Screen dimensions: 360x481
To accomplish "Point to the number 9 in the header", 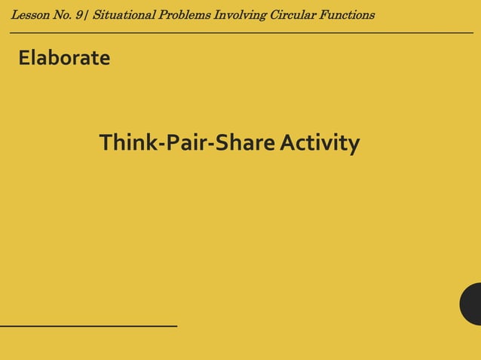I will click(80, 15).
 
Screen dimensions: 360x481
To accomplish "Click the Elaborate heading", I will click(64, 58).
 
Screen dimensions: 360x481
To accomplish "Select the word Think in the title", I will click(127, 142).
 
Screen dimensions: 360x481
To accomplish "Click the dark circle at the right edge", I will click(472, 304).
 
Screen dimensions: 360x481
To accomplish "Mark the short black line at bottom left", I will click(88, 325).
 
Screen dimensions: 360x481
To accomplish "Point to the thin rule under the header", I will click(241, 33).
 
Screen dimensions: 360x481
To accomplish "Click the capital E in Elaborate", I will click(23, 58).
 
